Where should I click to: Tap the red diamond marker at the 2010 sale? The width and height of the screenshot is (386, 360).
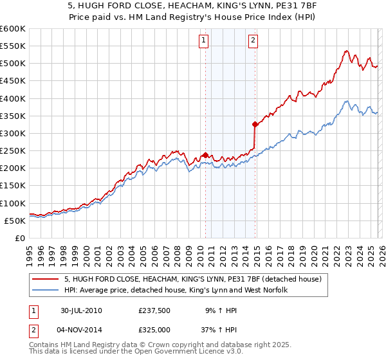pos(205,155)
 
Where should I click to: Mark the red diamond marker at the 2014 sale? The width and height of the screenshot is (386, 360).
pos(255,124)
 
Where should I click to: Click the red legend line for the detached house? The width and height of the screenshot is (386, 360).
pos(45,280)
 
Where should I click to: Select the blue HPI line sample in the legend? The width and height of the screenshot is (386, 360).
pos(45,291)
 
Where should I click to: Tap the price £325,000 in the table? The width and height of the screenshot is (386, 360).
pos(154,329)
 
